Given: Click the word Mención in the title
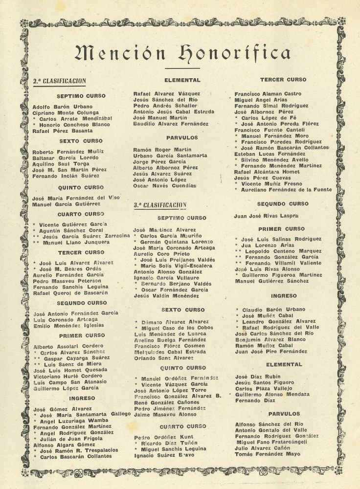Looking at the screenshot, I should [x=113, y=51].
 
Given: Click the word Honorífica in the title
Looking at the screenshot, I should [x=234, y=51].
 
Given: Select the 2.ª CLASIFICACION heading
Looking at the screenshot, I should [x=59, y=81].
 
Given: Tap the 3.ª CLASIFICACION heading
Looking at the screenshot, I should [x=160, y=206].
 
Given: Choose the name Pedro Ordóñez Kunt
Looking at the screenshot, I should [x=163, y=437].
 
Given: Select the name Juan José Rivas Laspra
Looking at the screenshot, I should [x=267, y=215].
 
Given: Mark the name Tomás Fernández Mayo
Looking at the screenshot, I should [x=267, y=454].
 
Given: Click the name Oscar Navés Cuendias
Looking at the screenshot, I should [x=165, y=186].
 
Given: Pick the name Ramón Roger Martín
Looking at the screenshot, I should [x=162, y=150].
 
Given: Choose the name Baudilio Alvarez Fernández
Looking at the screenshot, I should [x=171, y=124].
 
